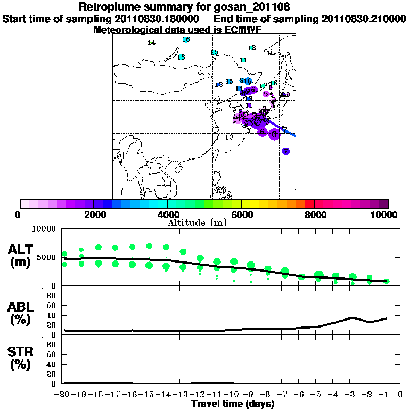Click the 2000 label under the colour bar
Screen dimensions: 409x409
tap(93, 215)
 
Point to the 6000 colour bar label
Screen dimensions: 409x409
tap(241, 215)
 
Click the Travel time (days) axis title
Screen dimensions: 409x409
tap(233, 404)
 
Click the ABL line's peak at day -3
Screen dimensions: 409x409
tap(353, 317)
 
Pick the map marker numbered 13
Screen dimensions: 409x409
tap(214, 52)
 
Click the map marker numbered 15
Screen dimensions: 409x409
tap(230, 81)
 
